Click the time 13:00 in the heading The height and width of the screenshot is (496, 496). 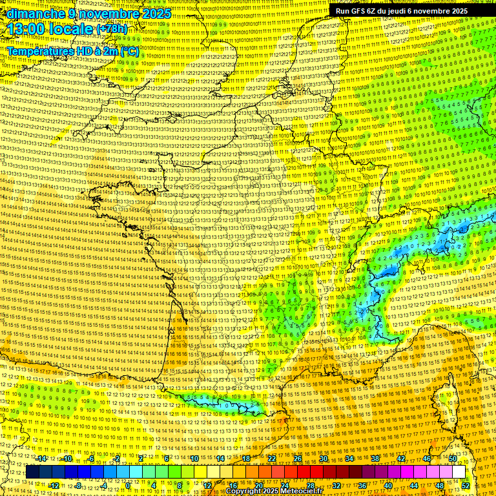pyautogui.click(x=28, y=29)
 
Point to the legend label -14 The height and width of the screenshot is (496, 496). pyautogui.click(x=42, y=459)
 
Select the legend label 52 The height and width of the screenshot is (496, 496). pyautogui.click(x=466, y=486)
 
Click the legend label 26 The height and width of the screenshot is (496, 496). pyautogui.click(x=298, y=459)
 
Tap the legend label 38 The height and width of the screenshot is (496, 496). pyautogui.click(x=375, y=459)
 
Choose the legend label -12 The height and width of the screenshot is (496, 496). pyautogui.click(x=54, y=486)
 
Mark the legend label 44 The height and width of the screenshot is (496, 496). pyautogui.click(x=414, y=486)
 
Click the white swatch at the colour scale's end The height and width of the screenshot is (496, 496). pyautogui.click(x=459, y=472)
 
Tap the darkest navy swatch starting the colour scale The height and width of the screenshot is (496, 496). pyautogui.click(x=32, y=472)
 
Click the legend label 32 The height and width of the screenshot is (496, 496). pyautogui.click(x=336, y=486)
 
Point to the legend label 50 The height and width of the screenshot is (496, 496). pyautogui.click(x=453, y=459)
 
